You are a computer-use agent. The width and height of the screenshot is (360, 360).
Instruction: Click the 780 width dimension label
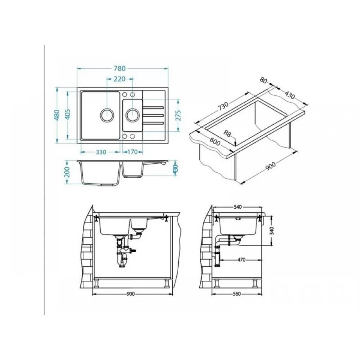(x=120, y=68)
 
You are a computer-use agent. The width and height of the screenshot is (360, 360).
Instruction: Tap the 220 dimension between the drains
(x=120, y=79)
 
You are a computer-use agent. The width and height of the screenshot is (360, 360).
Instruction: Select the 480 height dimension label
(x=57, y=115)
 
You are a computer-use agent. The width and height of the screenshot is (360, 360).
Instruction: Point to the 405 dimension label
(x=67, y=115)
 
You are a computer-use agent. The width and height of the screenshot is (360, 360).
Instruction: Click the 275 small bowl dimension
(x=178, y=116)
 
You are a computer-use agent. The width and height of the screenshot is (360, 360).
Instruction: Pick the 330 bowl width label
(x=101, y=152)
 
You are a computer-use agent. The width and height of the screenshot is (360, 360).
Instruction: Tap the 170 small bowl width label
(x=132, y=152)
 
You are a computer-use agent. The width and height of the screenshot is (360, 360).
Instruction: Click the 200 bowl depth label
(x=67, y=172)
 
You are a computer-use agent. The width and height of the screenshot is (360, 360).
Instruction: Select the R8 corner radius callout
(x=227, y=133)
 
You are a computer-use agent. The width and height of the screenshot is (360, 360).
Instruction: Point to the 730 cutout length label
(x=223, y=106)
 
